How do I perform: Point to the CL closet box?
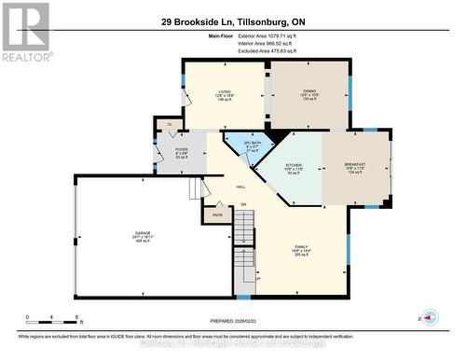point(170,124)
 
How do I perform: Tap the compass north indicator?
point(428,315)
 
